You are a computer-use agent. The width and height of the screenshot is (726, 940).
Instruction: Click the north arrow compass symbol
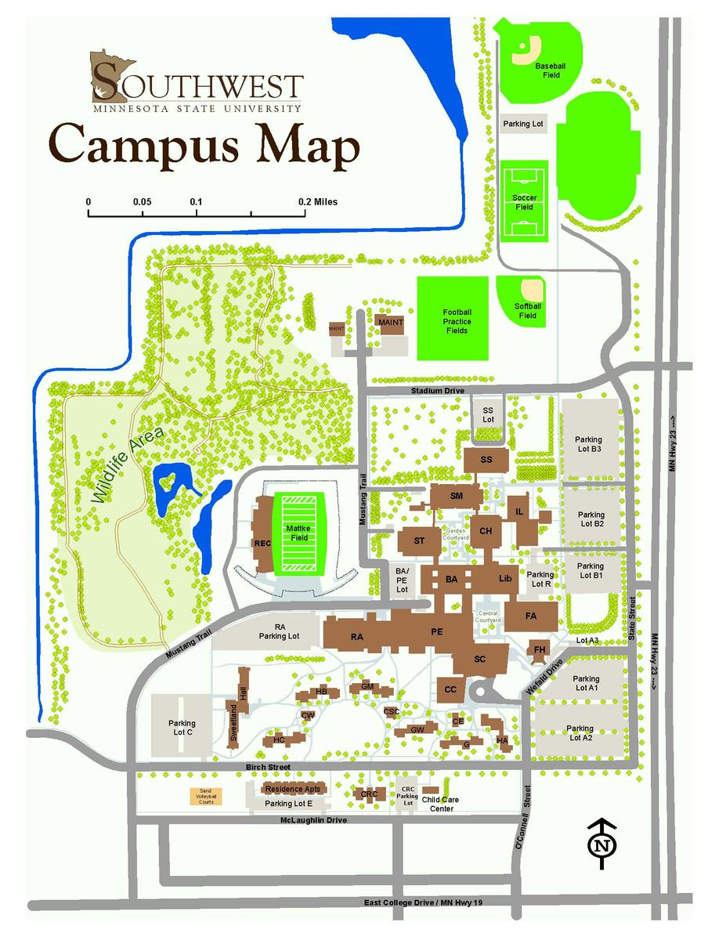click(601, 844)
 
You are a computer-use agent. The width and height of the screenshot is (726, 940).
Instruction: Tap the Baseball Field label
click(550, 71)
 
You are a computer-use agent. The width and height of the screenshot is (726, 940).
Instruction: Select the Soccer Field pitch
click(524, 203)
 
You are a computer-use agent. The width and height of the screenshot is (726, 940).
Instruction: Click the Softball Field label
click(528, 311)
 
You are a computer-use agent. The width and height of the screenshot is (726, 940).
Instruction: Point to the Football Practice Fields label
click(457, 321)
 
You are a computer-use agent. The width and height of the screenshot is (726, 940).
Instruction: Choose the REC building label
click(262, 543)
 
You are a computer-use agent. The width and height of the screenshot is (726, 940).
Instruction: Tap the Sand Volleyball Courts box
click(207, 797)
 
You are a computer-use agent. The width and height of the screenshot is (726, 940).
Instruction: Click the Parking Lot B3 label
click(587, 445)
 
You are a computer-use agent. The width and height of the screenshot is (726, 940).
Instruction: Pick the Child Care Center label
click(440, 804)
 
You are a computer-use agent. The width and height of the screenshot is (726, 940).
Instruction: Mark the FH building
click(540, 650)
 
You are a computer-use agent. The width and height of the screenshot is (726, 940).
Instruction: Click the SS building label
click(486, 460)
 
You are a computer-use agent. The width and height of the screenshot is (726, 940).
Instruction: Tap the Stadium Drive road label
click(438, 390)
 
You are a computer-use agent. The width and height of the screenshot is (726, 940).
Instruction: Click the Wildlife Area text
click(126, 465)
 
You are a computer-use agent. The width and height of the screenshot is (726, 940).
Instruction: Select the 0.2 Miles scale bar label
click(318, 201)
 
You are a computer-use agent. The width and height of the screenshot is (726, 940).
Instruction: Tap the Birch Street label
click(267, 767)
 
